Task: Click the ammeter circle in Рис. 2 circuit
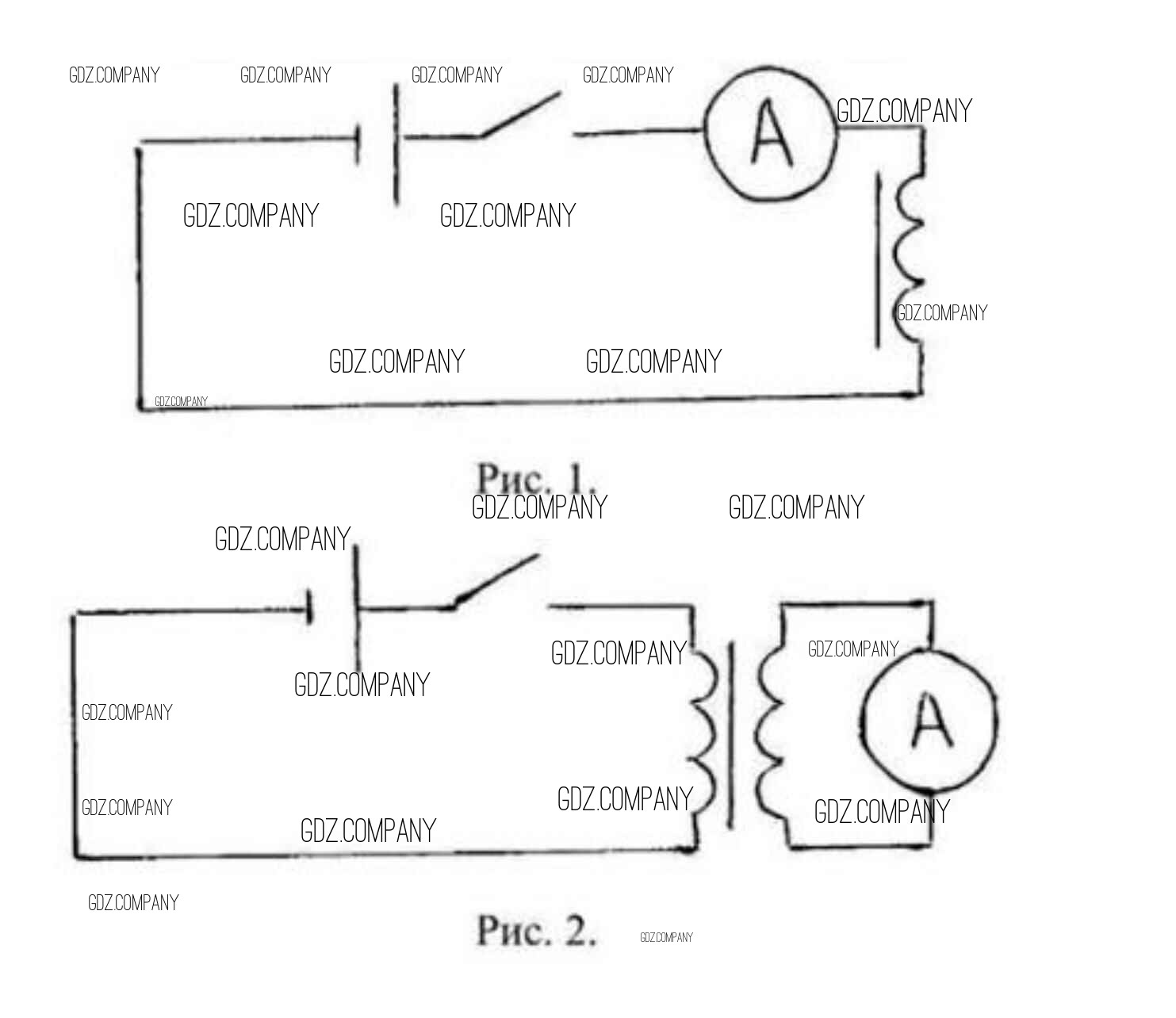[x=929, y=721]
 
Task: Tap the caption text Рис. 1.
[x=535, y=477]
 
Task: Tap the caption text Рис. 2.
[x=535, y=930]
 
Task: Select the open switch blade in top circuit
[x=520, y=116]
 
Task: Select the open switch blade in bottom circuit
[x=497, y=580]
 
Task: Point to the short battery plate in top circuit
[x=358, y=144]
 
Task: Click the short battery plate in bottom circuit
[x=310, y=609]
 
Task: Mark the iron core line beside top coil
[x=878, y=262]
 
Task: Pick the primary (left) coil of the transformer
[x=703, y=729]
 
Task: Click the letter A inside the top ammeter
[x=771, y=135]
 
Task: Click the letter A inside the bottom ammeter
[x=930, y=721]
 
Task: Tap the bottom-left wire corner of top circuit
[x=140, y=408]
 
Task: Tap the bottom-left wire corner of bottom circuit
[x=76, y=855]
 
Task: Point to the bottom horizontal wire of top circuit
[x=523, y=402]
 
